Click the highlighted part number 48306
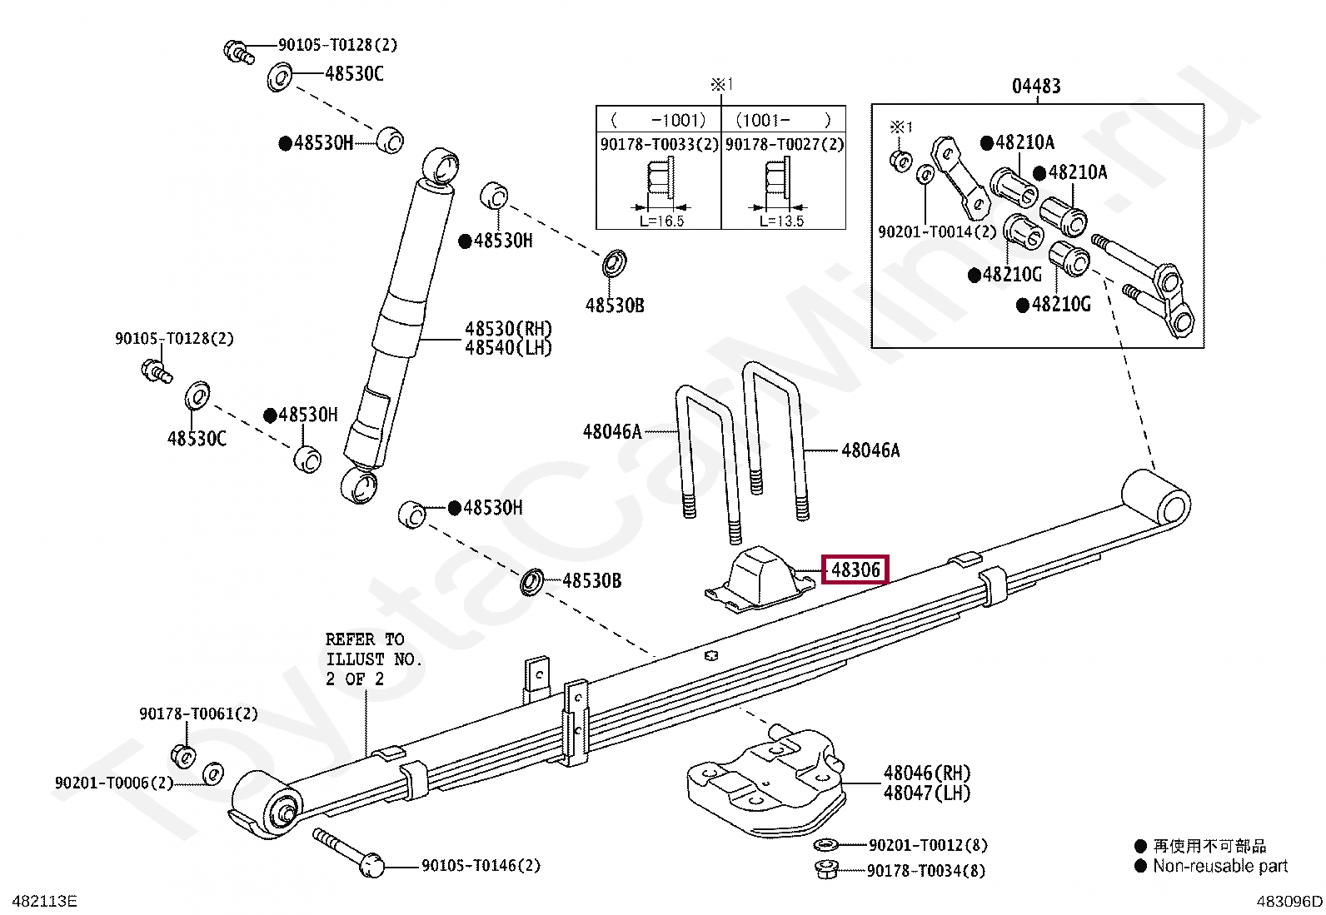tap(855, 570)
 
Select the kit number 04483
tap(1036, 87)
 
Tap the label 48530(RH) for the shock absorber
tap(508, 329)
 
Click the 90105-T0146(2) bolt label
tap(481, 865)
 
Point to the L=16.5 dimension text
tap(662, 221)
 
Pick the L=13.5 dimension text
tap(781, 221)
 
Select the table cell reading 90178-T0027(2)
tap(785, 144)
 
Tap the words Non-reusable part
tap(1220, 867)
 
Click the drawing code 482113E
tap(44, 902)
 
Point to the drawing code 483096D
tap(1289, 902)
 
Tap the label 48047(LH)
tap(927, 793)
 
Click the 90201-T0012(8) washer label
tap(928, 845)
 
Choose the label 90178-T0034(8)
tap(926, 871)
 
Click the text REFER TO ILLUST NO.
tap(373, 649)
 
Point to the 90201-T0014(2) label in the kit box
tap(937, 231)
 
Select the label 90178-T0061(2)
tap(199, 714)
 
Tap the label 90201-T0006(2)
tap(114, 783)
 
